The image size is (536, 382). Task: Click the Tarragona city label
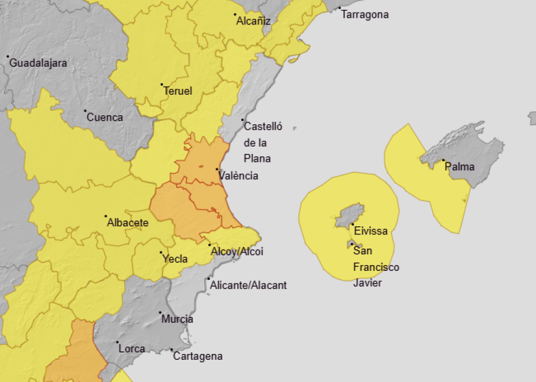365,15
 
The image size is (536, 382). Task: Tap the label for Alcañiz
253,22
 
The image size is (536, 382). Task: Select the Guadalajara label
38,63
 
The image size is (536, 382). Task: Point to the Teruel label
178,91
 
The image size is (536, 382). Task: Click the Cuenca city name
104,117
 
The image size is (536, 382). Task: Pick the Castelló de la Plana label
262,143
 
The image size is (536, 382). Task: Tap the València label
238,176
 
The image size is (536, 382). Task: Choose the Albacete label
128,222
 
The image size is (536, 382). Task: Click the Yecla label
175,259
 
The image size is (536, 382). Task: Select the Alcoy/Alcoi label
237,251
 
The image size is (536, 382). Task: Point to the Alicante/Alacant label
249,285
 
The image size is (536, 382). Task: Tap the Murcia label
177,319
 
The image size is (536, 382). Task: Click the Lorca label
132,349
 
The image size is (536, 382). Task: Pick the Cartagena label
197,356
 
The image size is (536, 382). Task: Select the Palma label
460,167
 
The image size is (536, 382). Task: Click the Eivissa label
371,231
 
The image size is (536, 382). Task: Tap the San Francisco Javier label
376,267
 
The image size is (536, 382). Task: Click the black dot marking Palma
443,161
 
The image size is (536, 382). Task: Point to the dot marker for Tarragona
339,9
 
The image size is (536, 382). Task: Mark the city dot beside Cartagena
172,350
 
